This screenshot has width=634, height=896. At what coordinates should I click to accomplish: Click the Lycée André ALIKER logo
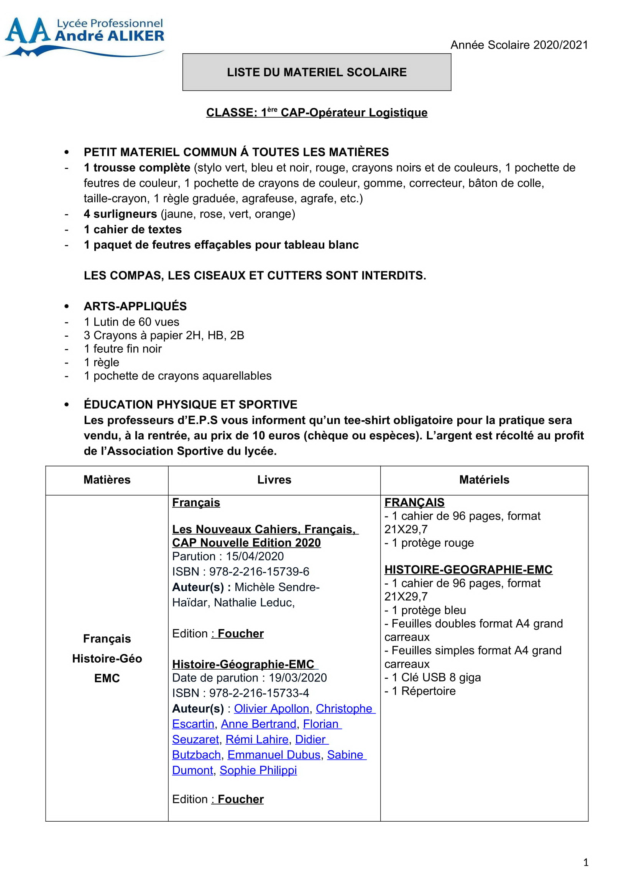click(x=84, y=36)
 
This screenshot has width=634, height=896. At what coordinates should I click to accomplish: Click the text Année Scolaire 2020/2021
click(x=519, y=45)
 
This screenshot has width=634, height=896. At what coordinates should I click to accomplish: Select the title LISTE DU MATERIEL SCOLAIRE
click(x=317, y=72)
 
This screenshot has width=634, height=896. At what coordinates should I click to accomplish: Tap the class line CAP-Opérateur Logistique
click(x=317, y=113)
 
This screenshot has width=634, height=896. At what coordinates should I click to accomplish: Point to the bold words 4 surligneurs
click(x=120, y=214)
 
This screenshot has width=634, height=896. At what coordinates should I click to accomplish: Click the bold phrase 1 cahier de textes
click(x=133, y=229)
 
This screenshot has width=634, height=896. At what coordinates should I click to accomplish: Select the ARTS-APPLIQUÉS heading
click(x=135, y=306)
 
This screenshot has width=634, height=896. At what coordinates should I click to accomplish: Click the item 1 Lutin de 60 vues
click(x=131, y=322)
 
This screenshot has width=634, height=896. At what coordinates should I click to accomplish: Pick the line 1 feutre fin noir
click(x=123, y=349)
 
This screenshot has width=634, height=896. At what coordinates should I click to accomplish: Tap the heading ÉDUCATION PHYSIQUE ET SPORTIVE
click(x=191, y=405)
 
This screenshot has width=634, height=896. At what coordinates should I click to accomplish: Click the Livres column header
click(x=274, y=480)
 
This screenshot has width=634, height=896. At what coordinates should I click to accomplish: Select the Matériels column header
click(x=484, y=480)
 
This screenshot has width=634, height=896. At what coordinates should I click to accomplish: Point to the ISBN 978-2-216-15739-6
click(x=259, y=572)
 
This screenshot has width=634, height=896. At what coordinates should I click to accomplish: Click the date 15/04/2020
click(x=255, y=557)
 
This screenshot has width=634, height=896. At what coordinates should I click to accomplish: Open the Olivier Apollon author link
click(x=271, y=709)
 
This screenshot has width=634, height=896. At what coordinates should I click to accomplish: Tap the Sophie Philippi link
click(x=258, y=770)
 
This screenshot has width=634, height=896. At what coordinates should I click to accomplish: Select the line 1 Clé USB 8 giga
click(x=432, y=678)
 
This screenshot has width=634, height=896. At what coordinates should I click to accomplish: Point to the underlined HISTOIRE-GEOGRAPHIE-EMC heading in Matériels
click(x=468, y=570)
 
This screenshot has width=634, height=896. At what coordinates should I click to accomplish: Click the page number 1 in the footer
click(x=586, y=862)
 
